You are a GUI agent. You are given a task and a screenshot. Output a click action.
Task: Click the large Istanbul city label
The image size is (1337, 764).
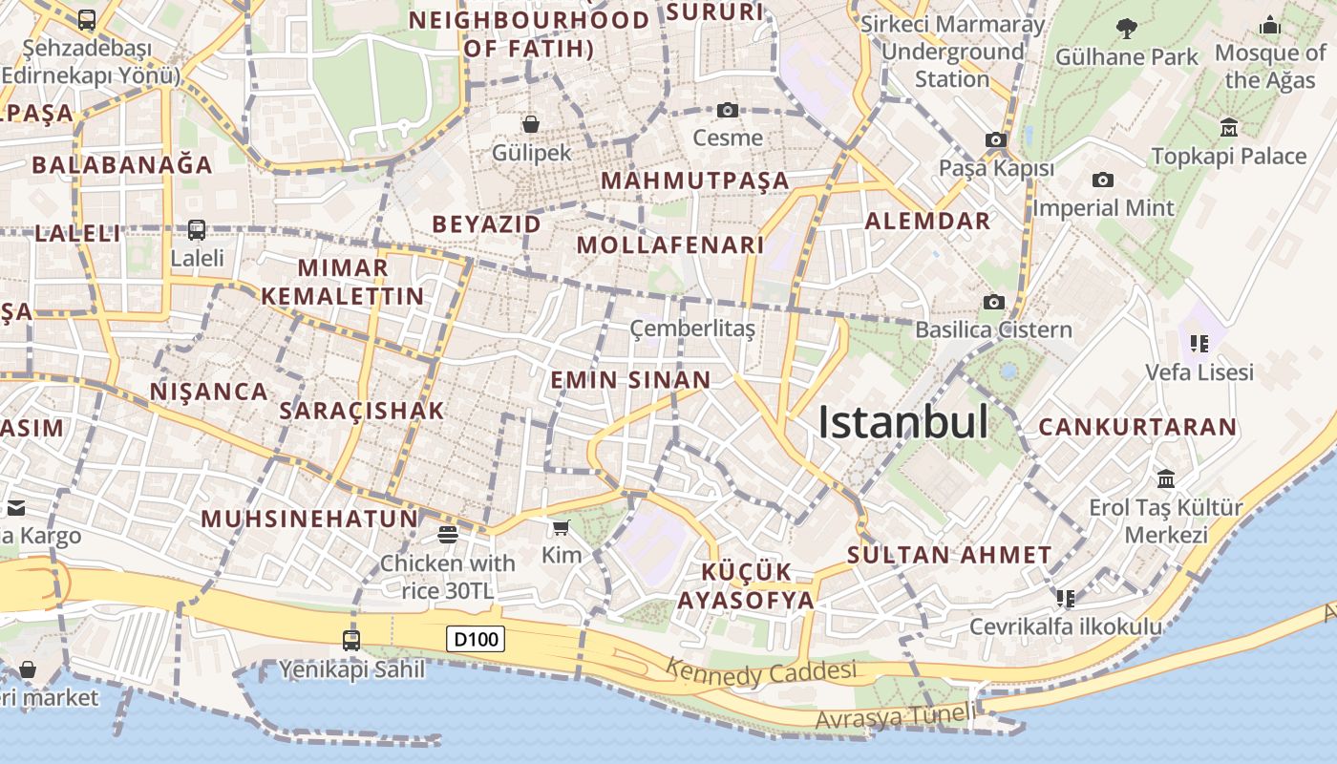pyautogui.click(x=902, y=422)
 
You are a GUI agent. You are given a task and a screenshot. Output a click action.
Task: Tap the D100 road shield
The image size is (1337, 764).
pyautogui.click(x=476, y=639)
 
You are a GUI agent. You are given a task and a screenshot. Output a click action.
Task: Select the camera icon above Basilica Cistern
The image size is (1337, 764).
pyautogui.click(x=993, y=303)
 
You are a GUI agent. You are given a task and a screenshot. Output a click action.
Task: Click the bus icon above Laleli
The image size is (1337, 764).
pyautogui.click(x=197, y=230)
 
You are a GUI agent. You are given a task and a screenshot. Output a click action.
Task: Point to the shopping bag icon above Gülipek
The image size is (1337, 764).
pyautogui.click(x=531, y=123)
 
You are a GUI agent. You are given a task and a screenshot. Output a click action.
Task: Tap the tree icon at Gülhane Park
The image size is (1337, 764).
pyautogui.click(x=1127, y=29)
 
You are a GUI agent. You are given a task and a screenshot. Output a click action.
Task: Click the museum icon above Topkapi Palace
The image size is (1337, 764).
pyautogui.click(x=1229, y=127)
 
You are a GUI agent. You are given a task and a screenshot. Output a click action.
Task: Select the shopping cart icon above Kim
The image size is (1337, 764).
pyautogui.click(x=562, y=527)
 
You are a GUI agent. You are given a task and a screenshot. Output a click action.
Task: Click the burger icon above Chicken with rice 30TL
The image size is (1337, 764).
pyautogui.click(x=447, y=534)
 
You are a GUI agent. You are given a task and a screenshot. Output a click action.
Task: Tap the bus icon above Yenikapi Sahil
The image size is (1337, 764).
pyautogui.click(x=351, y=640)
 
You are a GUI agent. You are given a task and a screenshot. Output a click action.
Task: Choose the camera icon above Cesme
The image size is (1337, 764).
pyautogui.click(x=728, y=111)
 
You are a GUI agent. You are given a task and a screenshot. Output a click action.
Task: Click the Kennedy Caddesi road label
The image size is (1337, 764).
pyautogui.click(x=761, y=672)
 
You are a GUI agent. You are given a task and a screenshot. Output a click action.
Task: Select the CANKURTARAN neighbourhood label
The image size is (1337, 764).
pyautogui.click(x=1137, y=427)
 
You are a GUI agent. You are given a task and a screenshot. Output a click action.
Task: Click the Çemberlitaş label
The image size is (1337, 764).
pyautogui.click(x=692, y=329)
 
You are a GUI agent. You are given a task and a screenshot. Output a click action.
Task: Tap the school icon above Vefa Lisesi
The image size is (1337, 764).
pyautogui.click(x=1199, y=343)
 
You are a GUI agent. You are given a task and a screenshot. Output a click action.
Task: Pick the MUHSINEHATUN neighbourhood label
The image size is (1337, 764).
pyautogui.click(x=309, y=519)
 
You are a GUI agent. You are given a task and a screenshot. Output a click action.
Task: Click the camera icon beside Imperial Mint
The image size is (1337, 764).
pyautogui.click(x=1103, y=180)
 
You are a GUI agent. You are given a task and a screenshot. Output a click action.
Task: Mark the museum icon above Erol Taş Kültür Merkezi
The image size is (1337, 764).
pyautogui.click(x=1165, y=478)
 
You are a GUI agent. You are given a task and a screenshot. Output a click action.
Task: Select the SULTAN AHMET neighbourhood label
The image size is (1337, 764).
pyautogui.click(x=949, y=555)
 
